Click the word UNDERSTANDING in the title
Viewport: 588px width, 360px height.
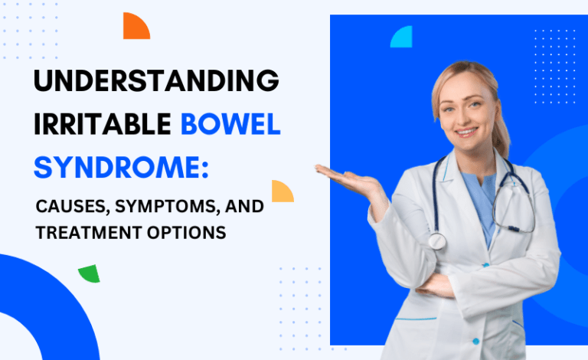click(x=155, y=81)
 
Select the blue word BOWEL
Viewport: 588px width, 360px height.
click(x=230, y=123)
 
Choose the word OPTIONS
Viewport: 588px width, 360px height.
click(x=191, y=232)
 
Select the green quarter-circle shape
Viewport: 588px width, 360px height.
click(x=90, y=273)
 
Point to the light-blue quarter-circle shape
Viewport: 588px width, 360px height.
click(x=403, y=38)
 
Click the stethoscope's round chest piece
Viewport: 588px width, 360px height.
click(x=436, y=241)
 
